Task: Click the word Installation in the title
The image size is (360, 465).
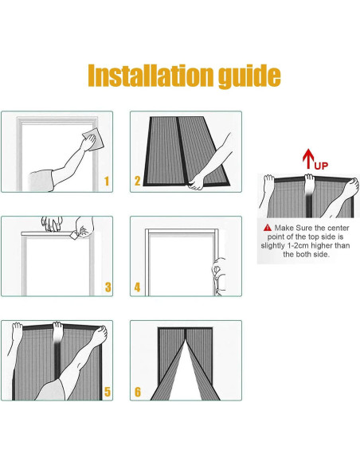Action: pos(151,76)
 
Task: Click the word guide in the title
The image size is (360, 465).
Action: pos(249,76)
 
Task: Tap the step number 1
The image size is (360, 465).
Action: pos(107,182)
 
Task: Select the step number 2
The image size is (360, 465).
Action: pos(137,181)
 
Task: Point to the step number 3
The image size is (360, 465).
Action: pos(108,287)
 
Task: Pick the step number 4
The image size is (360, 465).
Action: pos(137,287)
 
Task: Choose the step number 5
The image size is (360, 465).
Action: pos(108,392)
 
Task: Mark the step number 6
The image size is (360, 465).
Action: pos(138,392)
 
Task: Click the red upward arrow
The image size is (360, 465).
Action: pos(308,158)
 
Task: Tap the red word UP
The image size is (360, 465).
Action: pos(321,166)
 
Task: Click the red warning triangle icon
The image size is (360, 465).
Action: pos(268,228)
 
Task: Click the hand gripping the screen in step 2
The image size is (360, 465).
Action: pos(196,182)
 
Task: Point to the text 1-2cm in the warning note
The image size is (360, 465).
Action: pos(298,245)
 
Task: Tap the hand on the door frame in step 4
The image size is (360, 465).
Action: pos(218,275)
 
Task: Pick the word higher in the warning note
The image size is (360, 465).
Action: pos(322,246)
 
